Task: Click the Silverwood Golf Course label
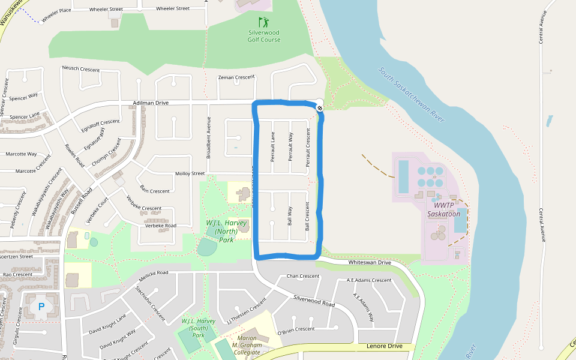click(x=264, y=36)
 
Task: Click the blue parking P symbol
click(x=41, y=307)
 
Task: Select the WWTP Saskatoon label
click(x=444, y=209)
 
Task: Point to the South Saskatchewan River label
click(x=412, y=95)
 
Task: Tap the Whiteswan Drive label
click(x=369, y=263)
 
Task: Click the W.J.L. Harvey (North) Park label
click(x=226, y=231)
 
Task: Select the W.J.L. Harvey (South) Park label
click(x=198, y=328)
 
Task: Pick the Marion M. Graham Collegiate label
click(x=247, y=344)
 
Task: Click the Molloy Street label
click(x=190, y=173)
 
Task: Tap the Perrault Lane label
click(x=272, y=147)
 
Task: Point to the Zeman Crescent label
click(x=236, y=77)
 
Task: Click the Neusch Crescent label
click(x=80, y=70)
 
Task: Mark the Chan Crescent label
click(x=303, y=276)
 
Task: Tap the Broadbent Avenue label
click(x=209, y=137)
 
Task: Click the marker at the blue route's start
click(x=320, y=108)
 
